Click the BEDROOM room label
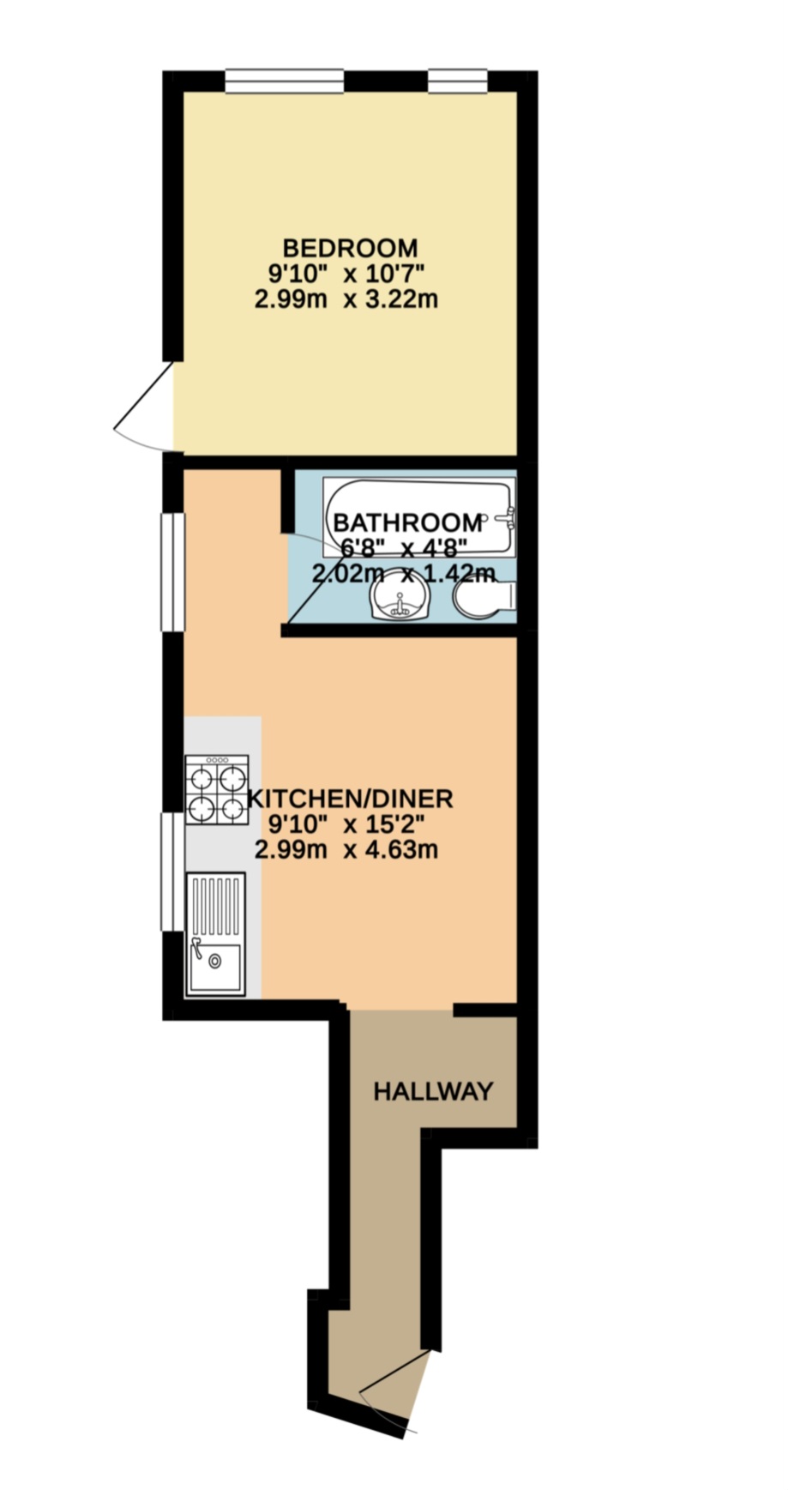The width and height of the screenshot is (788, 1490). (350, 249)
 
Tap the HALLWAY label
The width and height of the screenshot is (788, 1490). (434, 1091)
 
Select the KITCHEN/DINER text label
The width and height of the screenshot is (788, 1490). (350, 799)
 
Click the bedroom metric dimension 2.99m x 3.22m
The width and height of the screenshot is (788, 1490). (346, 300)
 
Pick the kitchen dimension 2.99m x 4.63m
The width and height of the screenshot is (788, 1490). (346, 850)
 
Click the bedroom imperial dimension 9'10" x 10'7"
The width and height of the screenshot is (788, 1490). (346, 274)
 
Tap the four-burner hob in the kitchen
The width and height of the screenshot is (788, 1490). (217, 789)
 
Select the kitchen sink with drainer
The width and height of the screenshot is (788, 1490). (216, 935)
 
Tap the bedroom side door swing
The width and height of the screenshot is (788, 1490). (144, 407)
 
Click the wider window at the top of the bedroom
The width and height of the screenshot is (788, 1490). (285, 81)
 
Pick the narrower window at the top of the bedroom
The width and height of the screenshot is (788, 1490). (458, 81)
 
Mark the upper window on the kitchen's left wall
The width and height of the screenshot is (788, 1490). (174, 572)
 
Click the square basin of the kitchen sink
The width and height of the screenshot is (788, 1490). (216, 968)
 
